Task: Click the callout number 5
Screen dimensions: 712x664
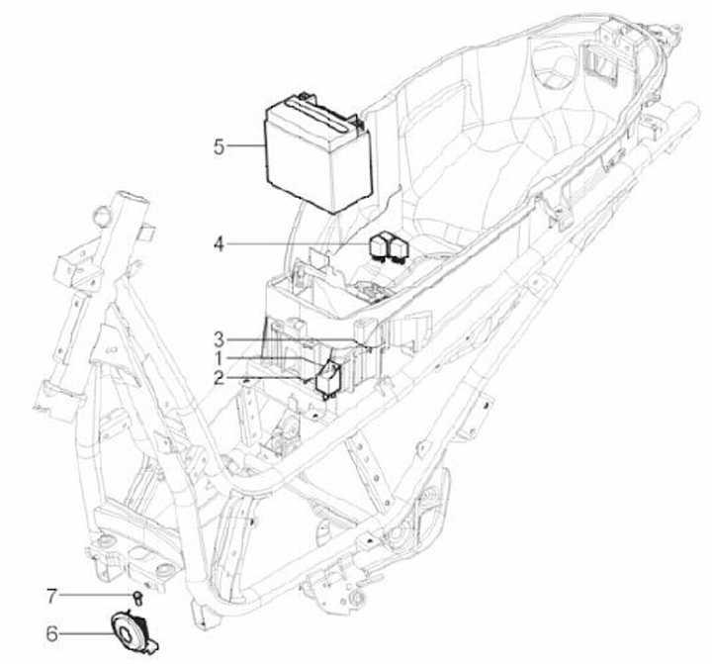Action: pyautogui.click(x=220, y=147)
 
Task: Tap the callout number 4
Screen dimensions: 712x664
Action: pyautogui.click(x=219, y=245)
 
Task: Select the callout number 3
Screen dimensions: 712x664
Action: pyautogui.click(x=219, y=339)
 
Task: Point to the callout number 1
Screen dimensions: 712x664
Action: pyautogui.click(x=219, y=358)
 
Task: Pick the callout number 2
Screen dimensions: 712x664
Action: pyautogui.click(x=219, y=378)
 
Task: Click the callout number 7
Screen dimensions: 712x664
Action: pyautogui.click(x=52, y=596)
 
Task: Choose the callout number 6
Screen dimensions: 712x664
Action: pyautogui.click(x=52, y=633)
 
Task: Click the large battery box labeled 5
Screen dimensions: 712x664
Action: pyautogui.click(x=318, y=152)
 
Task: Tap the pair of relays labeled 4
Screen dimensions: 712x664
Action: pyautogui.click(x=390, y=247)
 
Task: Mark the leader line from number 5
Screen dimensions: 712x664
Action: pyautogui.click(x=245, y=145)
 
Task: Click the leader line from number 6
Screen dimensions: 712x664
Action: pyautogui.click(x=86, y=633)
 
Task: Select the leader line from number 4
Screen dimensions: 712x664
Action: pyautogui.click(x=299, y=244)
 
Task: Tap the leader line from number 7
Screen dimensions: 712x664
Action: pyautogui.click(x=96, y=596)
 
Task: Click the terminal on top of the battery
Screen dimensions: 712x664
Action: pyautogui.click(x=304, y=97)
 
